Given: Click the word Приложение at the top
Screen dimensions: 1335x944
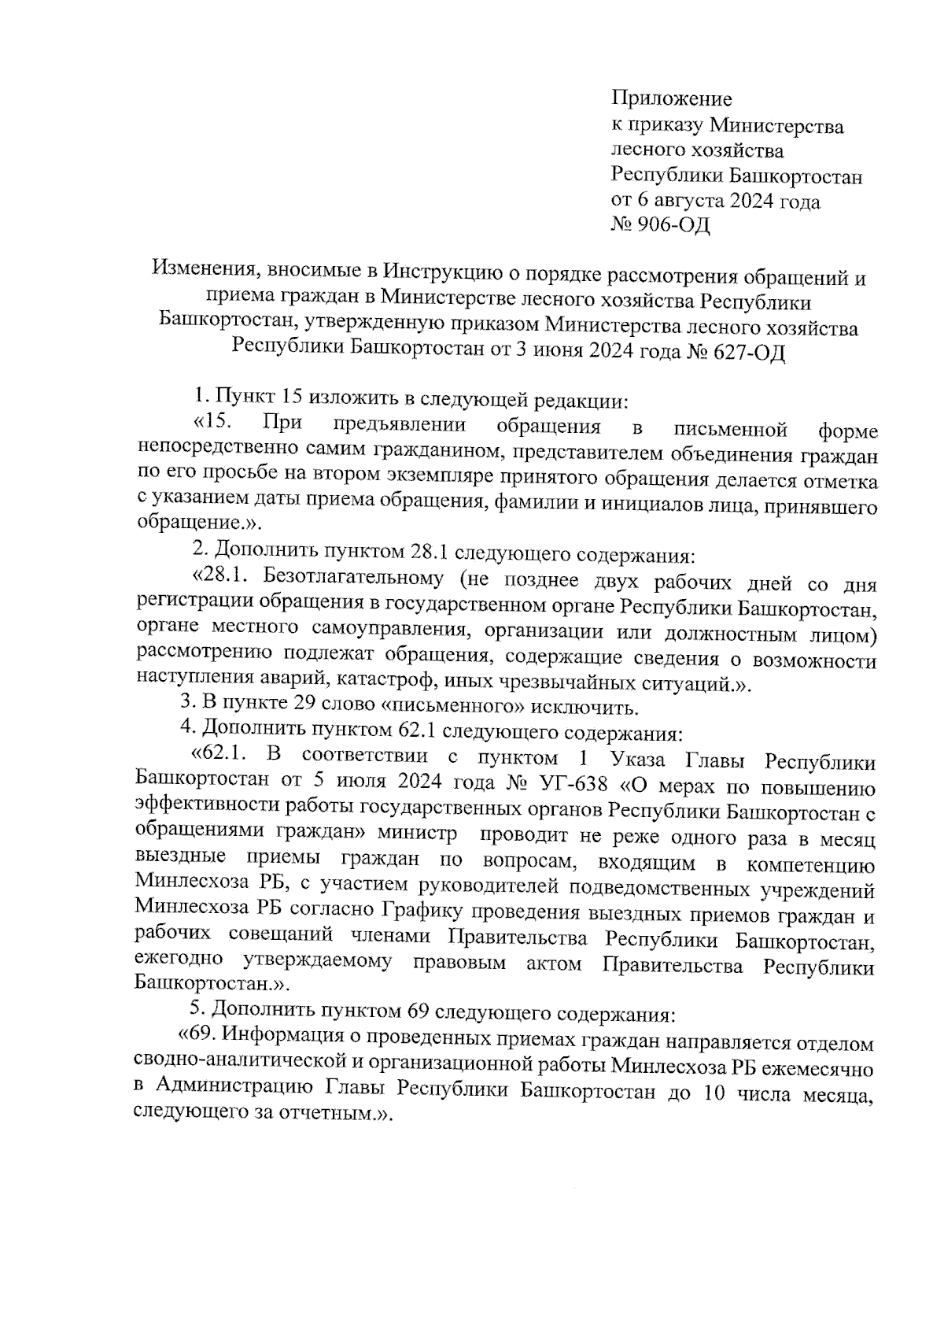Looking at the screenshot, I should (x=671, y=99).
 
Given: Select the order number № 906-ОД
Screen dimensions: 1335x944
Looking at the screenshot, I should (x=660, y=227).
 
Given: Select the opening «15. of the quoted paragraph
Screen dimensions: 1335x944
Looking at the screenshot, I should (x=211, y=424).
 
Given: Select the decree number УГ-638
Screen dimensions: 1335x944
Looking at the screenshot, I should (x=574, y=784).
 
